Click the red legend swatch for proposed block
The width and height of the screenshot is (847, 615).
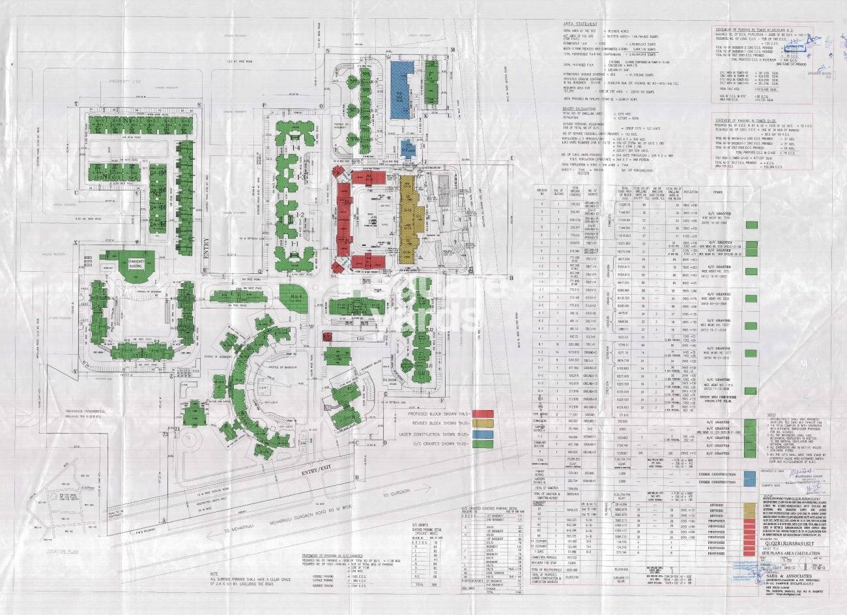[481, 414]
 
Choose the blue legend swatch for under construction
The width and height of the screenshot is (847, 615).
[481, 434]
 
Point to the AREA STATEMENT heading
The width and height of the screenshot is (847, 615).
[581, 23]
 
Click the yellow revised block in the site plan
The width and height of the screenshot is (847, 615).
[408, 218]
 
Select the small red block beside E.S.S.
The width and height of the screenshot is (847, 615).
[328, 336]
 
